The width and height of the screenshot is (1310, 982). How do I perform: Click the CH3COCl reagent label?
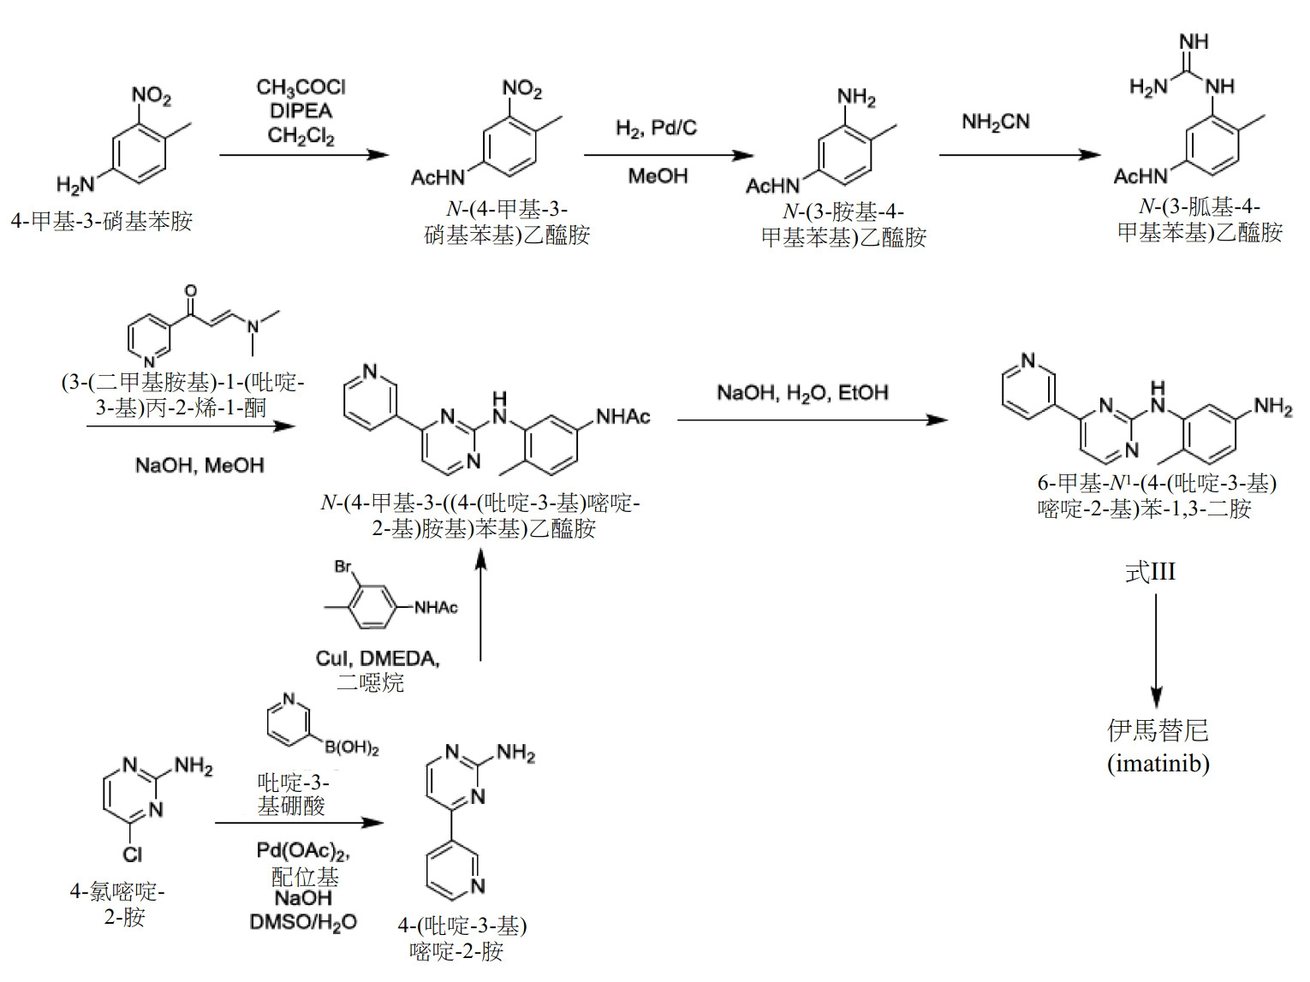pyautogui.click(x=301, y=88)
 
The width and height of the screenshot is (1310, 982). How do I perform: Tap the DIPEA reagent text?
pyautogui.click(x=301, y=111)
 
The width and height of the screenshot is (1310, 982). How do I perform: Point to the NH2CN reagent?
pyautogui.click(x=996, y=122)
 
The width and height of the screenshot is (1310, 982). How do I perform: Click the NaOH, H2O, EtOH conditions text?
pyautogui.click(x=802, y=393)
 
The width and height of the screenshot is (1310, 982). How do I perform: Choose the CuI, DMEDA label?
pyautogui.click(x=378, y=658)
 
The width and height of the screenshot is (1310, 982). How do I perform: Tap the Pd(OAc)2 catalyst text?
pyautogui.click(x=302, y=851)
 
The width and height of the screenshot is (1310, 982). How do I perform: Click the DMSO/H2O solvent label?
pyautogui.click(x=302, y=922)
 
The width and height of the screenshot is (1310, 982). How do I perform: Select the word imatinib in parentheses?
pyautogui.click(x=1158, y=763)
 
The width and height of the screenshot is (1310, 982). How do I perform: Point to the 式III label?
pyautogui.click(x=1150, y=572)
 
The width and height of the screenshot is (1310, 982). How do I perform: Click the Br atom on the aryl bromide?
pyautogui.click(x=343, y=566)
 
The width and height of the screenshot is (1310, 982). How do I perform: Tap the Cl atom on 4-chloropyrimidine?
pyautogui.click(x=132, y=855)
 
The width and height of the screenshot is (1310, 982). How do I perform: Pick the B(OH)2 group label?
pyautogui.click(x=352, y=747)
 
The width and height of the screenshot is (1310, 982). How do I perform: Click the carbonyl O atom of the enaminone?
pyautogui.click(x=190, y=291)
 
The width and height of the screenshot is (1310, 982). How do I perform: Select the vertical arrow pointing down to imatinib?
pyautogui.click(x=1156, y=651)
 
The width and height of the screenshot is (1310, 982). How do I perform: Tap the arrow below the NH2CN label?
pyautogui.click(x=1020, y=155)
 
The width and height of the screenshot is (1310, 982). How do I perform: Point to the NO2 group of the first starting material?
pyautogui.click(x=151, y=95)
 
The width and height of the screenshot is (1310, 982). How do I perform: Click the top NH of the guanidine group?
pyautogui.click(x=1194, y=41)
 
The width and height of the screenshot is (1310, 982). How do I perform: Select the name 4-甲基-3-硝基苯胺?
pyautogui.click(x=101, y=222)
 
